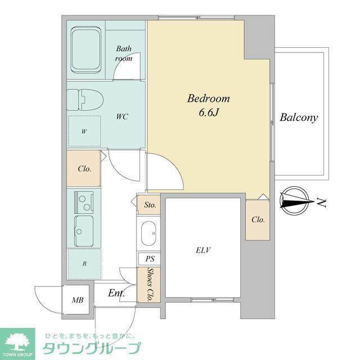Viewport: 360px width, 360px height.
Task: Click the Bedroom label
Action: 208,98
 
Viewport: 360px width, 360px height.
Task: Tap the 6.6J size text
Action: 208,112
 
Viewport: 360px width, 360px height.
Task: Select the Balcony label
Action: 299,118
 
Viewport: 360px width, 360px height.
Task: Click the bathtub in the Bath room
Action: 86,50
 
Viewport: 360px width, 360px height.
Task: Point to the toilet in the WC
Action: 85,100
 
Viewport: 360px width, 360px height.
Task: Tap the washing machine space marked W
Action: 84,131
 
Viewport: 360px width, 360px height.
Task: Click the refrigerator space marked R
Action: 84,264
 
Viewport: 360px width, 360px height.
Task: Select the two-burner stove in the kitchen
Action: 84,202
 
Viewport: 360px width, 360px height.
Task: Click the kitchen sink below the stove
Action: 84,231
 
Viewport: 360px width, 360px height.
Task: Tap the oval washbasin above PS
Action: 148,233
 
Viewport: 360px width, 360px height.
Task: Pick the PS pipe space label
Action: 150,259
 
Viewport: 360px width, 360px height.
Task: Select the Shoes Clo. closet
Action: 148,285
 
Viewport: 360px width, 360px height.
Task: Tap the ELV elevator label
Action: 203,250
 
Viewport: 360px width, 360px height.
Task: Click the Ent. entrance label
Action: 116,293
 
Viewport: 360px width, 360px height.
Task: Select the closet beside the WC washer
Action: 84,168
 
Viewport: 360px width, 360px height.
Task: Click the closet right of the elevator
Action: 258,220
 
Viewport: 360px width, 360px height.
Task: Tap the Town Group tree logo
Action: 17,342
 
